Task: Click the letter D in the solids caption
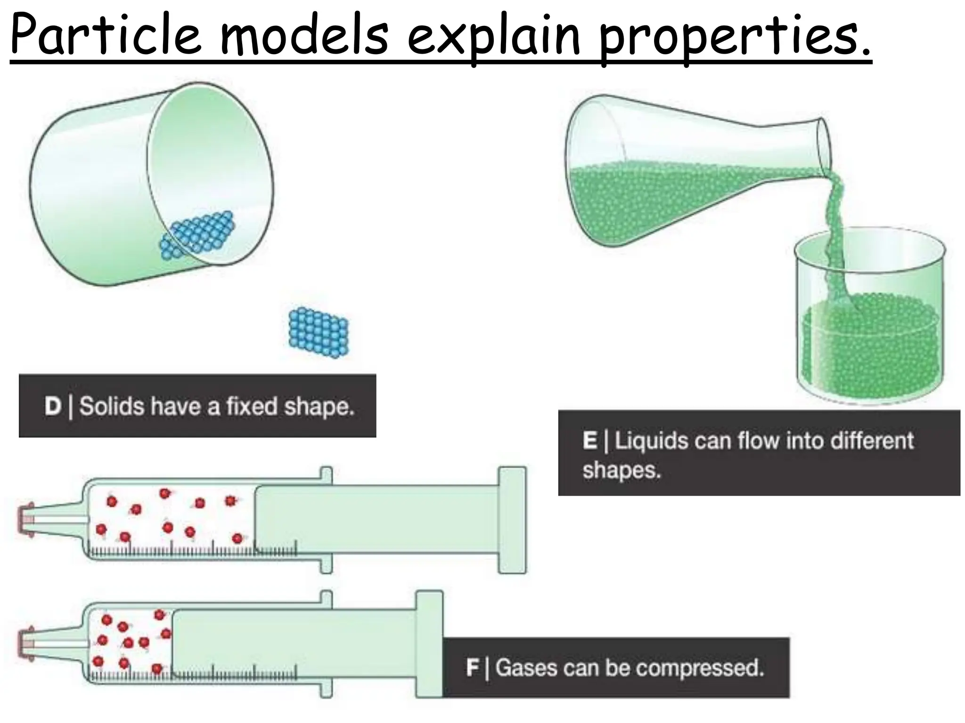tap(53, 406)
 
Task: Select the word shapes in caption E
tap(622, 470)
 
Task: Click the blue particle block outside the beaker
tap(319, 333)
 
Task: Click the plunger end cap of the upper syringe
tap(512, 520)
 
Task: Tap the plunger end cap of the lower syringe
tap(429, 644)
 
